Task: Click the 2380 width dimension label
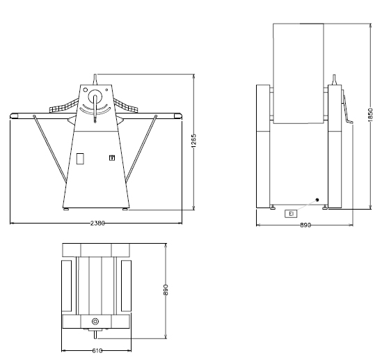(97, 223)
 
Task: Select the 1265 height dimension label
(193, 141)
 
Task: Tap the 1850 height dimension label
(371, 115)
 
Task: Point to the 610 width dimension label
(97, 351)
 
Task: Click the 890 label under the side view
(305, 225)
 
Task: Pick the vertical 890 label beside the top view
(166, 290)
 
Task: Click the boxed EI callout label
(291, 214)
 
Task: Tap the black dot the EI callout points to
(317, 200)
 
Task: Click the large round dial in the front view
(95, 96)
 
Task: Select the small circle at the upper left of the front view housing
(85, 90)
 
